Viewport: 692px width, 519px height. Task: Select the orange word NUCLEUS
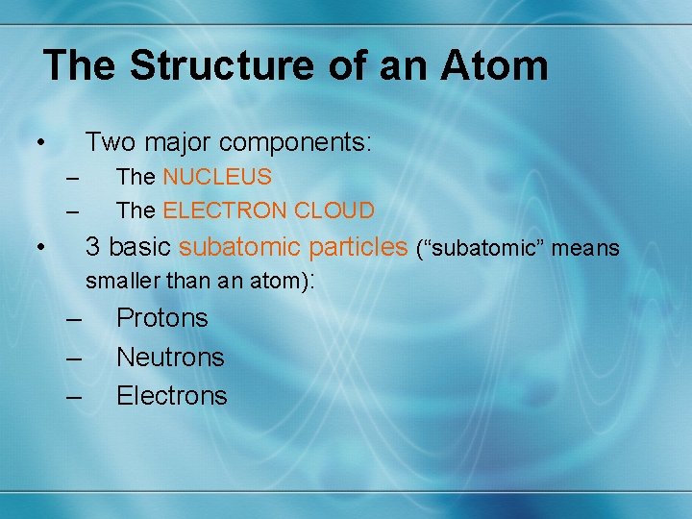point(217,178)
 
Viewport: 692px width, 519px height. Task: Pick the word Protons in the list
point(161,318)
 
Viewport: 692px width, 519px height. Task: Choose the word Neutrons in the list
point(170,358)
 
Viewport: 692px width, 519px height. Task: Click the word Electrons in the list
point(171,396)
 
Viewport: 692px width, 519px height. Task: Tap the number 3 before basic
point(93,247)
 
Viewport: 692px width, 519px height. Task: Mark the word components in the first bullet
point(294,143)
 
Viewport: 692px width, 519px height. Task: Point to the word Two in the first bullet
point(110,142)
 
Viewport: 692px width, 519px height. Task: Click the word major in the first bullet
point(178,143)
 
